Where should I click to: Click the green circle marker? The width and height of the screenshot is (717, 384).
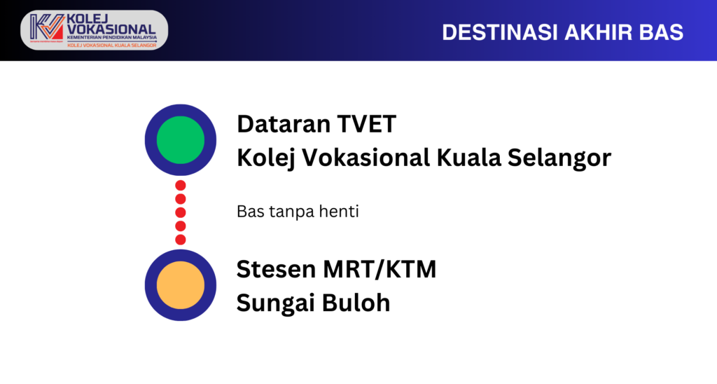tap(180, 139)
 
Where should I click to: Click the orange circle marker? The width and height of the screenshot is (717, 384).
tap(180, 285)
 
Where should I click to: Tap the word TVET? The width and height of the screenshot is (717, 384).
tap(366, 124)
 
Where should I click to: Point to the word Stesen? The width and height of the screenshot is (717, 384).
tap(276, 269)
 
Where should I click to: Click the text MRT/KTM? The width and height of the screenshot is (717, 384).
tap(380, 269)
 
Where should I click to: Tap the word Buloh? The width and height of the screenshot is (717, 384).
tap(356, 303)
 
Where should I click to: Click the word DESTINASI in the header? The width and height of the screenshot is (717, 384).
tap(500, 32)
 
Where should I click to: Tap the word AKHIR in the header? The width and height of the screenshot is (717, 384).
tap(599, 32)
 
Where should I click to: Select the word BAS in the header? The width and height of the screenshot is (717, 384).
tap(661, 32)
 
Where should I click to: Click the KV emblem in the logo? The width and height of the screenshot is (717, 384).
tap(47, 27)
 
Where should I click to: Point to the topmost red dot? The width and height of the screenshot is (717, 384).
tap(181, 186)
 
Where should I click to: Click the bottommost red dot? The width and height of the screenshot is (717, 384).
tap(181, 240)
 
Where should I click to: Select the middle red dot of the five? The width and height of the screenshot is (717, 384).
tap(181, 212)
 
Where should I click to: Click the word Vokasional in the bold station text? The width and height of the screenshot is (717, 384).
tap(366, 158)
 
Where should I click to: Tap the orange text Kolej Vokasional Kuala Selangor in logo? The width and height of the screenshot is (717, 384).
tap(112, 46)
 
